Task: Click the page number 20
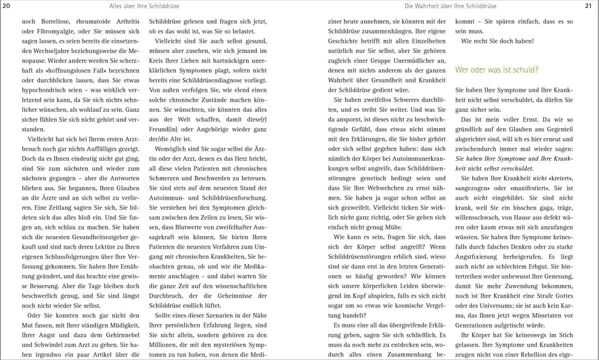coord(6,6)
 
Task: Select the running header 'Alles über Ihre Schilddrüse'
coord(145,6)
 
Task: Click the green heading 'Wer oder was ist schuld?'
coord(497,70)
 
